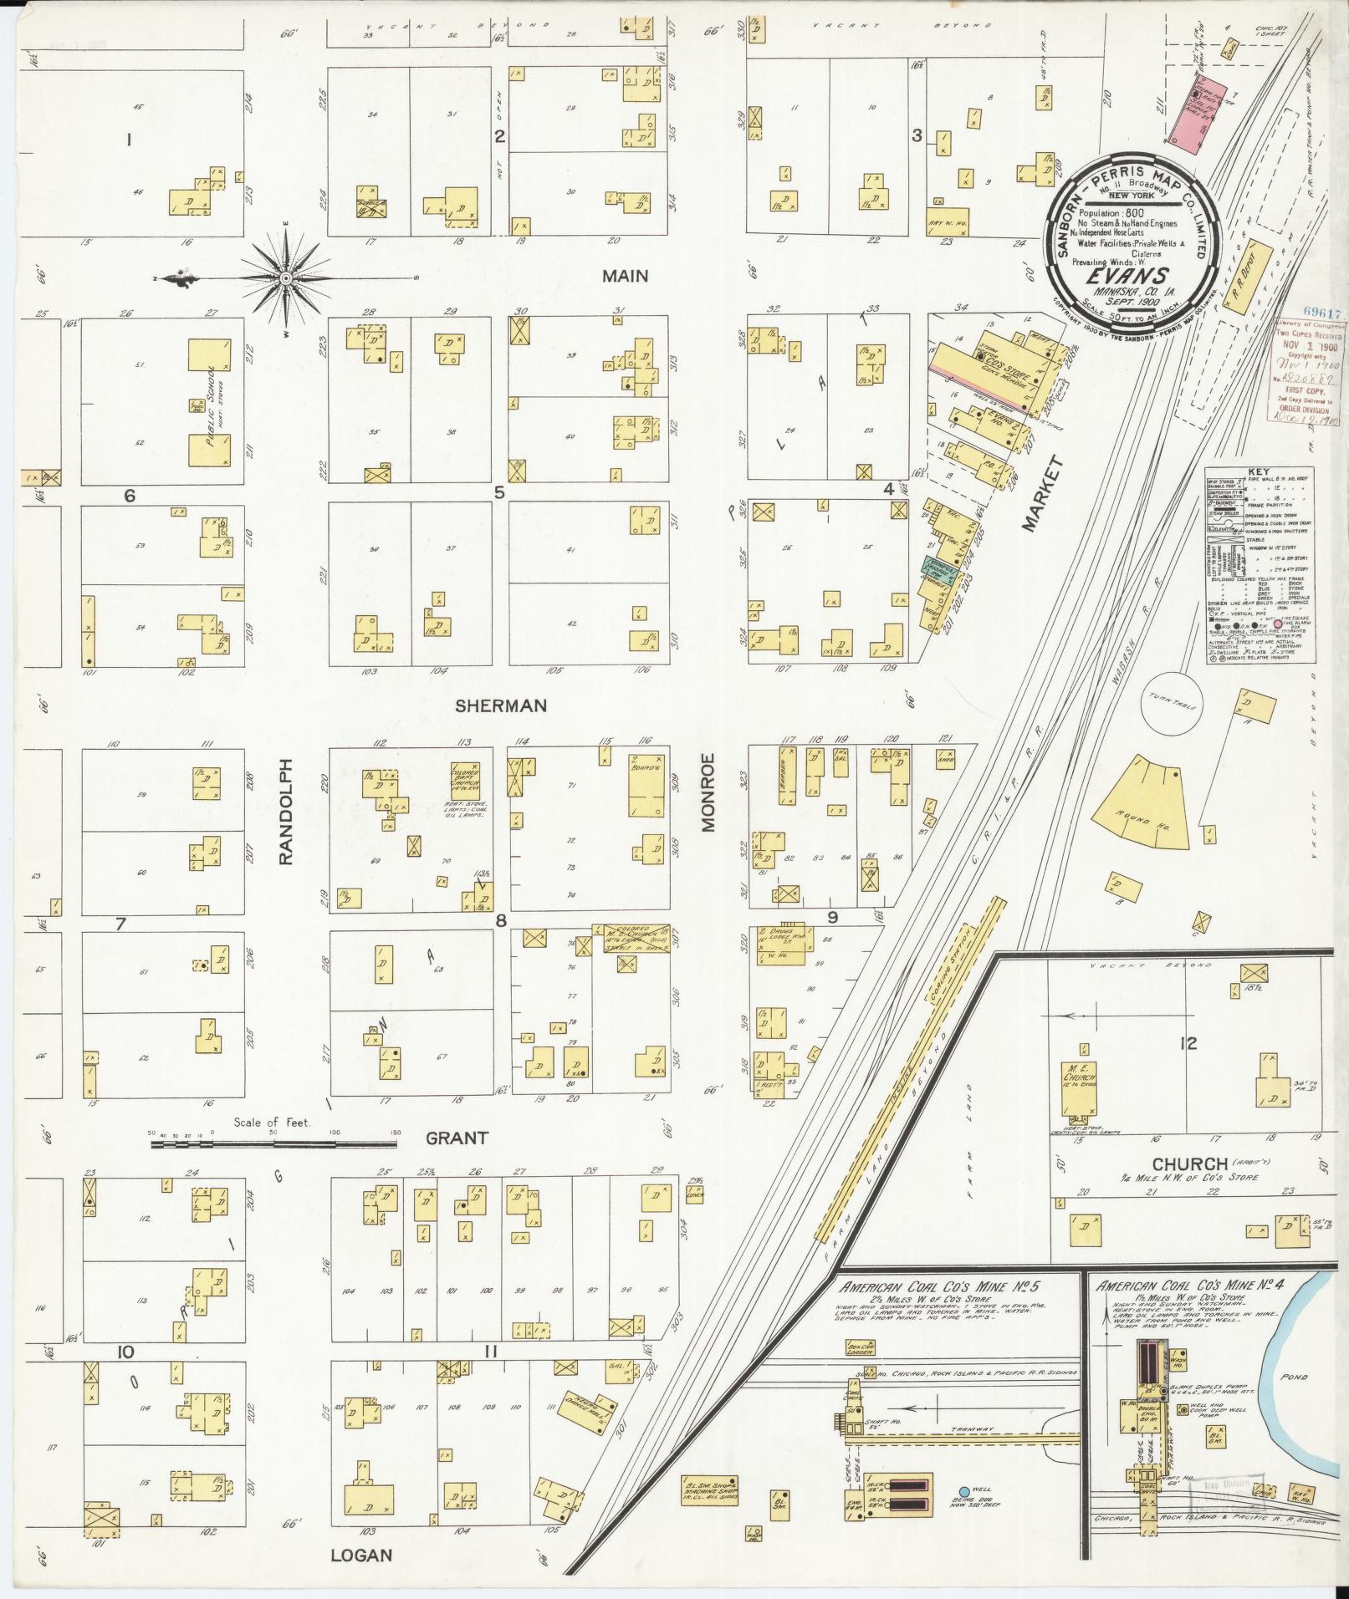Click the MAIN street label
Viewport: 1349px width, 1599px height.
point(625,276)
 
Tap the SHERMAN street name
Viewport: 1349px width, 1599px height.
point(500,705)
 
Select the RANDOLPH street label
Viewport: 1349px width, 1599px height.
point(286,811)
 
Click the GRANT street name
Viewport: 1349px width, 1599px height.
point(457,1138)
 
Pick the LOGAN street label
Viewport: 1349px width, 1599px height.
point(361,1555)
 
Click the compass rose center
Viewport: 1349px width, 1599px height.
point(285,278)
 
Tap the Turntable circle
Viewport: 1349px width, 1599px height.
point(1173,704)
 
